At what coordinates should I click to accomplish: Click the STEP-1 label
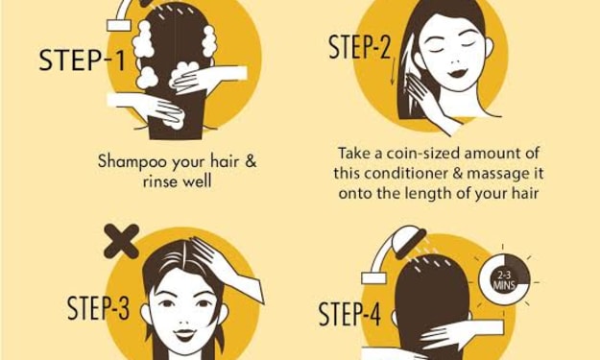(x=82, y=60)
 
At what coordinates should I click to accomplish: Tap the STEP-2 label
(x=360, y=47)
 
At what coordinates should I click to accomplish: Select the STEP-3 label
(x=98, y=308)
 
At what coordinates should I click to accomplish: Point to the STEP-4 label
(x=349, y=314)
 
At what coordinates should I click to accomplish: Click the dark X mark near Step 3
(x=121, y=241)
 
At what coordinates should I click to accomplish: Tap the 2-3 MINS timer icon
(x=504, y=280)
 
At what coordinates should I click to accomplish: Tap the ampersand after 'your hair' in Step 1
(x=251, y=161)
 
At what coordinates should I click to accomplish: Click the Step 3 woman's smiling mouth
(x=184, y=335)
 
